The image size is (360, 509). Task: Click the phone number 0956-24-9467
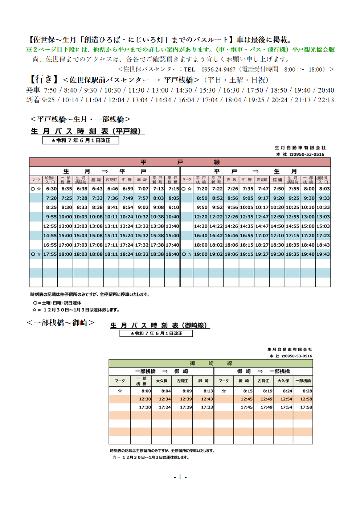tap(218, 69)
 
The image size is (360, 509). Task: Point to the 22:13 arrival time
tap(326, 100)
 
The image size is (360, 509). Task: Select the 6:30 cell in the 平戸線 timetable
tap(51, 189)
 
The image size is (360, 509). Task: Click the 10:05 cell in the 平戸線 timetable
tap(246, 208)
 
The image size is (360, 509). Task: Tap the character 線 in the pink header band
tap(217, 162)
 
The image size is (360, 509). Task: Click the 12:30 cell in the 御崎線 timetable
tap(145, 399)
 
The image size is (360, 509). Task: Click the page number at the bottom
tap(180, 477)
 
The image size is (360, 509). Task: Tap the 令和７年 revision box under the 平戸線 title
tap(81, 140)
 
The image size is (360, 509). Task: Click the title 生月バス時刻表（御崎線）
tap(160, 325)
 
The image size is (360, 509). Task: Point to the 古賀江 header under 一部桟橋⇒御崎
tap(182, 381)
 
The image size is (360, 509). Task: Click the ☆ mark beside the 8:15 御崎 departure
tap(224, 391)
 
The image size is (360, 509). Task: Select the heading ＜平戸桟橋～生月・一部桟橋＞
tap(80, 119)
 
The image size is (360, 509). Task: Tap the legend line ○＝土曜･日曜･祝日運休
tap(57, 303)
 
